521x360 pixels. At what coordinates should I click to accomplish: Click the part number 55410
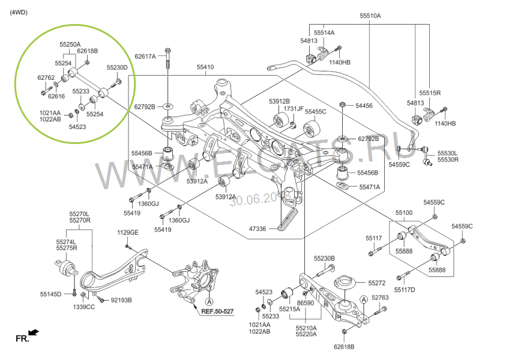pos(205,67)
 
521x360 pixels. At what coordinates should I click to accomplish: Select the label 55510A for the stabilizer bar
pos(370,16)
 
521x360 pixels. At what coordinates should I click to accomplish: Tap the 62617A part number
pos(145,56)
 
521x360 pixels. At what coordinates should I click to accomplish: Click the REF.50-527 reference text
pos(217,311)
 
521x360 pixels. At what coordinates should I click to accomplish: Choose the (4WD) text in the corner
pos(19,12)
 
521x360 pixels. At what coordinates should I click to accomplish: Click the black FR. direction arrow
pos(34,331)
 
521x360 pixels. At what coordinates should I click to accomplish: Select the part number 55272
pos(377,283)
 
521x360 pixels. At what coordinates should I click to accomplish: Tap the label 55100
pos(404,213)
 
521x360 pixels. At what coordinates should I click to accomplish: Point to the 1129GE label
pos(127,232)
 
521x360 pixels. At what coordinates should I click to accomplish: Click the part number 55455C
pos(315,112)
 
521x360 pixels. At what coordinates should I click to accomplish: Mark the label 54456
pos(364,106)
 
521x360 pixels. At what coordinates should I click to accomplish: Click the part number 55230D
pos(117,67)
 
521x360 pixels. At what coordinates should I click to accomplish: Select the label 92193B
pos(121,300)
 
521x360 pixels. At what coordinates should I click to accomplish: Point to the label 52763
pos(380,298)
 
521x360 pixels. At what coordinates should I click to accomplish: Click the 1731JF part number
pos(294,109)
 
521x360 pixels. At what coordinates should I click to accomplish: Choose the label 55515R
pos(430,93)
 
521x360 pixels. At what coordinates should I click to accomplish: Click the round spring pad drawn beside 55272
pos(345,282)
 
